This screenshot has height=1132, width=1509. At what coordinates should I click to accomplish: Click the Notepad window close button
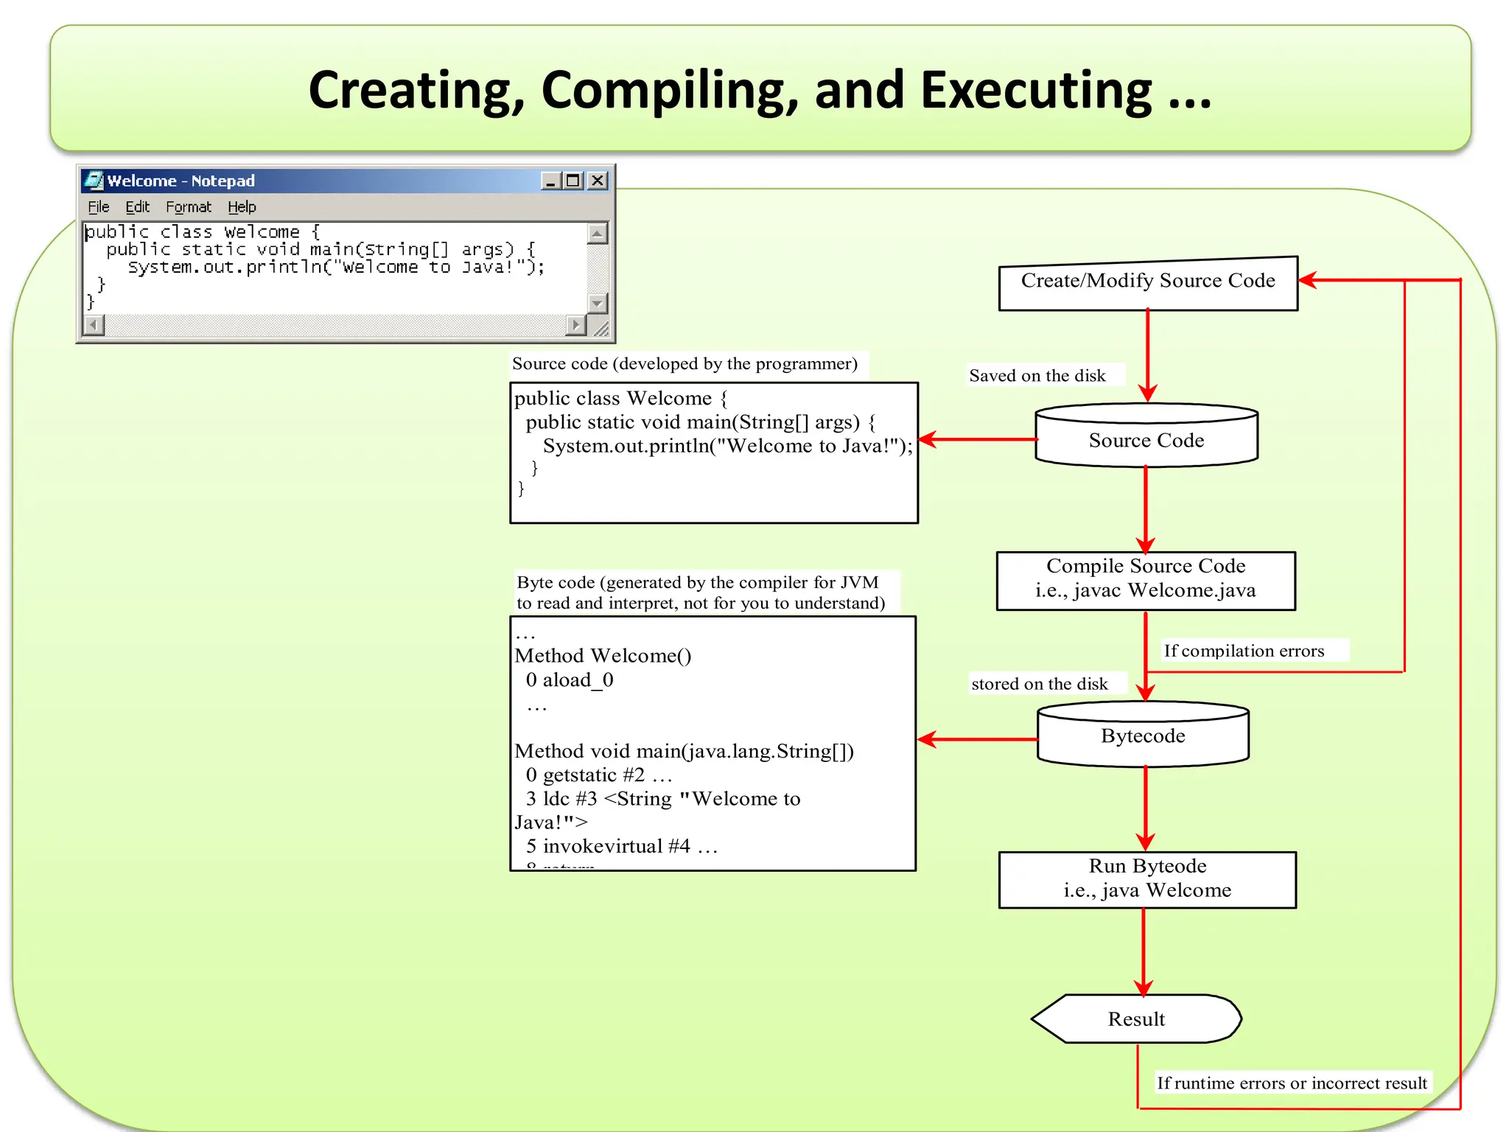coord(598,181)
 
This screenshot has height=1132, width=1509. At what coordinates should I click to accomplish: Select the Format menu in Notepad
coord(188,207)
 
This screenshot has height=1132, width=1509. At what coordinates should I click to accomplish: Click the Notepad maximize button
coord(573,181)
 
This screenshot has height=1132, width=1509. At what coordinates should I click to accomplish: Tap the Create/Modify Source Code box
coord(1147,283)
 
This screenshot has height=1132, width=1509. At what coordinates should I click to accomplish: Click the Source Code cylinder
coord(1146,440)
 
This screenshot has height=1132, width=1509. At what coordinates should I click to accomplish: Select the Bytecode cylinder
coord(1143,736)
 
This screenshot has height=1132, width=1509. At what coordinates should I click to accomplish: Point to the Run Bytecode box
coord(1147,879)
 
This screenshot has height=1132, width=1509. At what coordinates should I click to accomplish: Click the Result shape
coord(1136,1019)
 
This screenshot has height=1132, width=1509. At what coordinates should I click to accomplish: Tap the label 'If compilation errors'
coord(1244,651)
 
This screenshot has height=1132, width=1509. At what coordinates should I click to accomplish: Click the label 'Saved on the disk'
coord(1037,376)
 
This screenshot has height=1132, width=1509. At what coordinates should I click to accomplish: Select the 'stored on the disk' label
coord(1039,684)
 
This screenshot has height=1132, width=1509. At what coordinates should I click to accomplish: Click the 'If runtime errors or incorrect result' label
coord(1292,1083)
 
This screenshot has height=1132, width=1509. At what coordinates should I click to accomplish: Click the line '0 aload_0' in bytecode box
coord(569,680)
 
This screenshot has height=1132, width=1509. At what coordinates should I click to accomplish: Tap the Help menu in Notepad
coord(242,207)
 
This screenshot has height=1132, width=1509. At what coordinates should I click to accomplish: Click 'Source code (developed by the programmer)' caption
coord(685,364)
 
